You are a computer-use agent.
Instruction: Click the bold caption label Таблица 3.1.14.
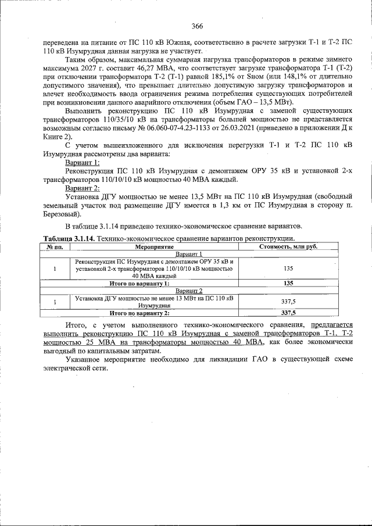(x=69, y=239)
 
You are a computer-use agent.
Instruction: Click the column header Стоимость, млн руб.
(x=287, y=247)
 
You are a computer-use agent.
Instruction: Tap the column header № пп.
(x=55, y=247)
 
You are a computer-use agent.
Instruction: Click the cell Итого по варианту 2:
(x=139, y=313)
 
